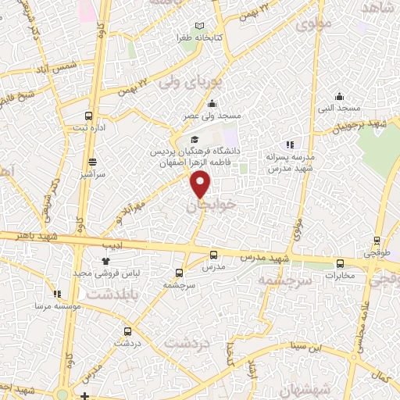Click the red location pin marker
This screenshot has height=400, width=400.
pos(202,184)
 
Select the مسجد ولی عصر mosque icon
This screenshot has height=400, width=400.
pos(212,105)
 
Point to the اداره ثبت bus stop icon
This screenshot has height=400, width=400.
pos(88,115)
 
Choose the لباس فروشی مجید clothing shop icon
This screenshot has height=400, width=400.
pos(106,260)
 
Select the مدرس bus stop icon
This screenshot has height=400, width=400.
pos(213,255)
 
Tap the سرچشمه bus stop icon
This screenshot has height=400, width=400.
pos(180,273)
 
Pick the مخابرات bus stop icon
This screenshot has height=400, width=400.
pos(339,263)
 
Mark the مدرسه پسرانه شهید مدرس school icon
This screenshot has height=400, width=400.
pos(290,145)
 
